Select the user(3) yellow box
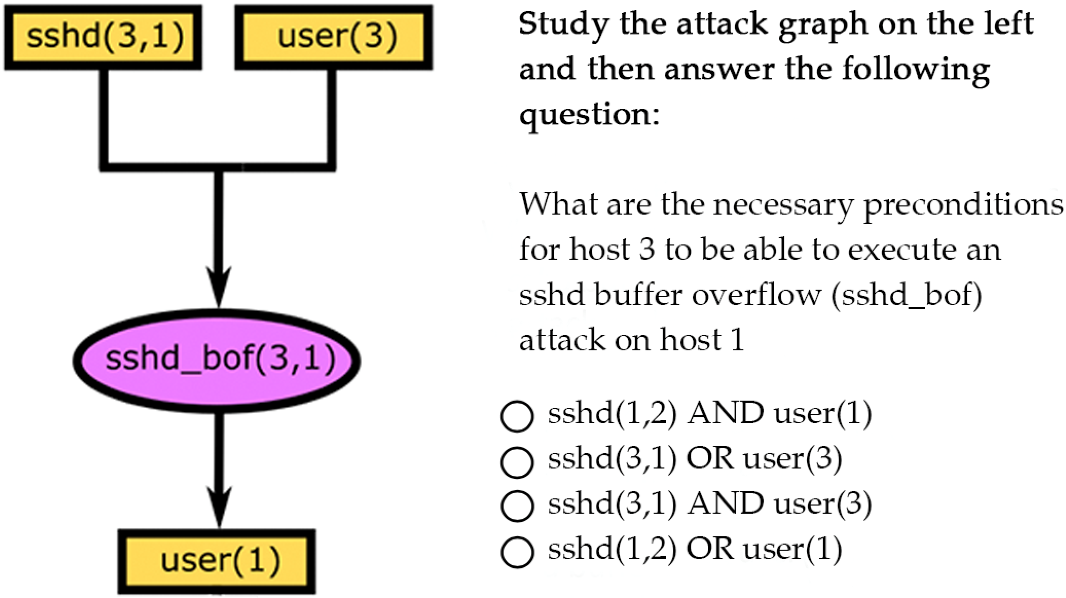[x=334, y=37]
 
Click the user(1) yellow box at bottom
[x=217, y=561]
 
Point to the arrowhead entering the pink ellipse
[x=219, y=290]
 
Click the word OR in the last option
[x=710, y=549]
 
